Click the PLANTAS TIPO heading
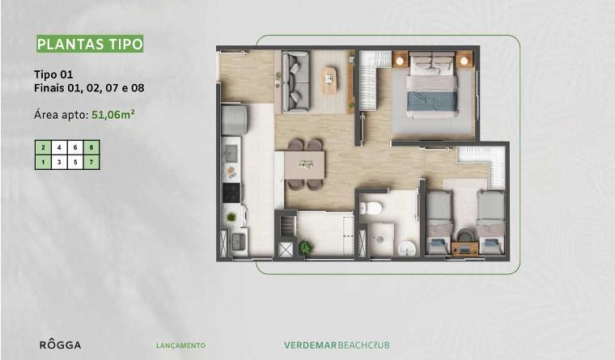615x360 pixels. (x=90, y=44)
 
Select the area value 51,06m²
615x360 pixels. (x=113, y=115)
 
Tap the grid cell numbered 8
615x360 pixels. (x=91, y=147)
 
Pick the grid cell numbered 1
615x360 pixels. (x=43, y=162)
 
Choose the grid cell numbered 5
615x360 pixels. (x=75, y=162)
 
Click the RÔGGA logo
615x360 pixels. (x=61, y=345)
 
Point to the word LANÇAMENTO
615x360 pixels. (x=180, y=345)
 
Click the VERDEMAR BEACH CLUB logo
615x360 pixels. (x=337, y=345)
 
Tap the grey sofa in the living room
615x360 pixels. (x=295, y=82)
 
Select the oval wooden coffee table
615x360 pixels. (x=329, y=80)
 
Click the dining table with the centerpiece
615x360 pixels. (x=305, y=165)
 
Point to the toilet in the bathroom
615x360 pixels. (x=370, y=207)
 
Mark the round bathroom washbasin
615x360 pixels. (x=408, y=248)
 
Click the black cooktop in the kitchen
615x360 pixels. (x=231, y=193)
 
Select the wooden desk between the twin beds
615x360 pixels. (x=464, y=249)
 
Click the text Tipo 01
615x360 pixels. (x=53, y=74)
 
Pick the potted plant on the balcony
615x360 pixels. (x=305, y=248)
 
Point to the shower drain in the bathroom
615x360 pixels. (x=380, y=239)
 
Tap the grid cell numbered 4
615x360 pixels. (x=59, y=147)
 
